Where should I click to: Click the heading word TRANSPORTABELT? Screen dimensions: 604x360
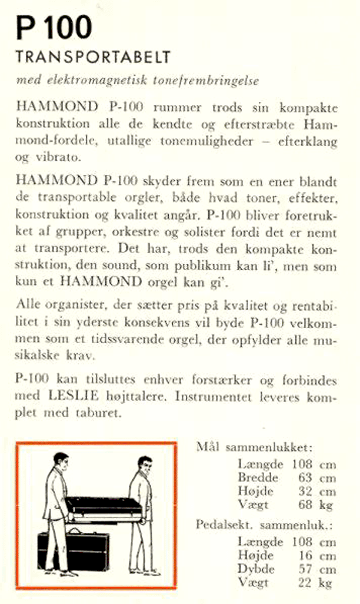(93, 58)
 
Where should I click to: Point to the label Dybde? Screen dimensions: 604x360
(256, 569)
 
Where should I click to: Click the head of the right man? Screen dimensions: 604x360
(144, 464)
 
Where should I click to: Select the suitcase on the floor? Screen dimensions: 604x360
(72, 551)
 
